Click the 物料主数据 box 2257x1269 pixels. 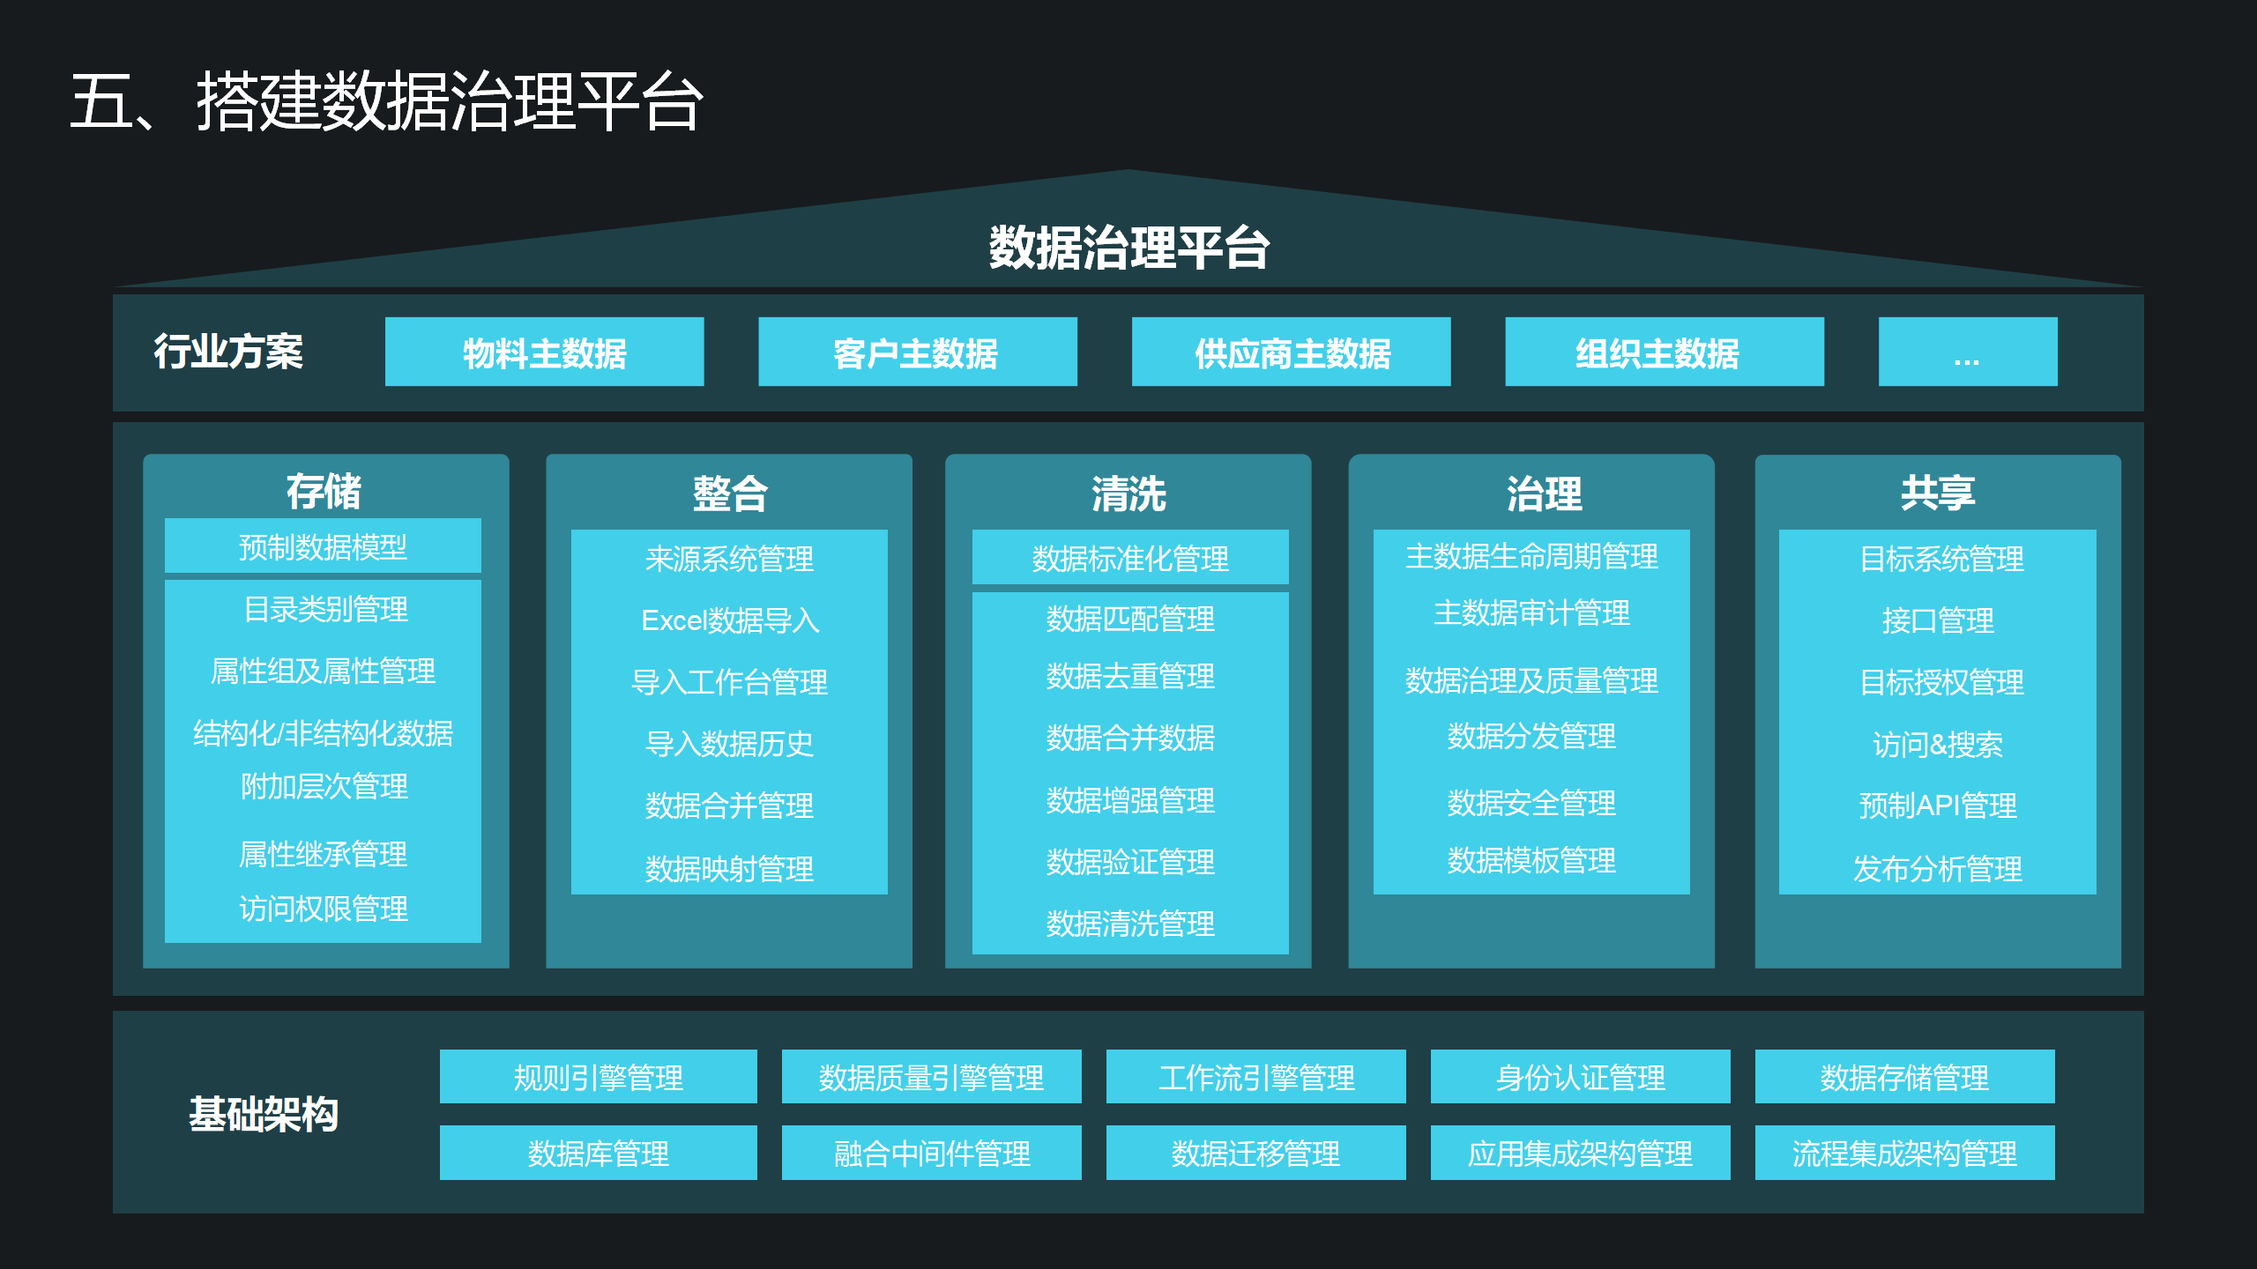click(544, 352)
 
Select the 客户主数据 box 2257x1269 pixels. click(917, 352)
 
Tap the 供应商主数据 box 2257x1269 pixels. click(1291, 352)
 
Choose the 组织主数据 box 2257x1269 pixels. click(1664, 352)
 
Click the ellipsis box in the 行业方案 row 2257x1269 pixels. click(1967, 352)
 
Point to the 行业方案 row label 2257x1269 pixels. click(228, 352)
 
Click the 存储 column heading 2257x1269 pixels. click(324, 491)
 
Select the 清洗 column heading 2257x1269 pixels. click(1128, 493)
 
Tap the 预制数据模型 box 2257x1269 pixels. click(323, 546)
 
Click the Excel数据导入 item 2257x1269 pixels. click(729, 620)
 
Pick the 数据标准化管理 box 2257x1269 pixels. click(1129, 558)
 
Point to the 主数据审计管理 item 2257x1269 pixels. click(1531, 612)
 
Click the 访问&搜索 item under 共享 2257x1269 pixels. click(1937, 745)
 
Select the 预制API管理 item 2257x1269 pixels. click(1937, 805)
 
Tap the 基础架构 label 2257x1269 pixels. click(264, 1114)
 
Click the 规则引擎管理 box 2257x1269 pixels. click(598, 1077)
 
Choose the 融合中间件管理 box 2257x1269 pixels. click(931, 1153)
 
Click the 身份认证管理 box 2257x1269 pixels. click(1580, 1077)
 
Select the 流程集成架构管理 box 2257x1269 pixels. click(1904, 1153)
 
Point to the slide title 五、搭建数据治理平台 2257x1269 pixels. click(386, 101)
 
